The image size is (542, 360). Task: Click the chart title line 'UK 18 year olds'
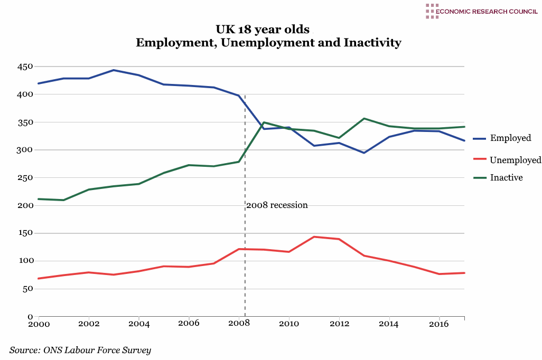(262, 29)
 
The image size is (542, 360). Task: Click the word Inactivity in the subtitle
(372, 43)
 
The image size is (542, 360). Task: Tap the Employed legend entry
(510, 138)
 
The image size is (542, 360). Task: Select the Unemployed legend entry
(515, 160)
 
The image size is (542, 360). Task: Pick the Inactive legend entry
(506, 178)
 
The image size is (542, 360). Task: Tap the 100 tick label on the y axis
(25, 261)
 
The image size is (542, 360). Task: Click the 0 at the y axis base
(30, 317)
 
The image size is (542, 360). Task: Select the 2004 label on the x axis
(138, 324)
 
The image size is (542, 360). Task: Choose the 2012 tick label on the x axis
(339, 324)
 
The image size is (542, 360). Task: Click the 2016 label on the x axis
(439, 324)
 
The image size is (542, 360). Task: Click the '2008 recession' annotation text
(277, 205)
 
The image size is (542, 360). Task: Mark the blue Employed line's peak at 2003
(113, 70)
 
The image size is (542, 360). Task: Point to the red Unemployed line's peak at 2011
(314, 237)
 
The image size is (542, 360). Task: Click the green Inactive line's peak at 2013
(364, 119)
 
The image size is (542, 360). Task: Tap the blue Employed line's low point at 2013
(364, 153)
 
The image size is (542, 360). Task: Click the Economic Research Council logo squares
(432, 11)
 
